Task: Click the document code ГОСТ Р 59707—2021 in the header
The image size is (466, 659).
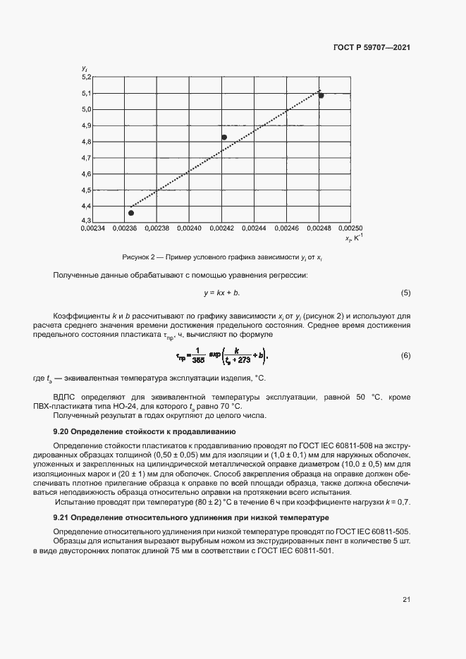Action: pos(371,48)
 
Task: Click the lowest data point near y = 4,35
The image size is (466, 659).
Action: pos(130,212)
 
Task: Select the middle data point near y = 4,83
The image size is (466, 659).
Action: pos(224,137)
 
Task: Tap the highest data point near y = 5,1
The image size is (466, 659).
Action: pos(321,94)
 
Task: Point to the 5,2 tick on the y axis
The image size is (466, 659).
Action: pos(86,77)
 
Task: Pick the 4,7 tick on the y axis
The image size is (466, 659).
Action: pos(86,158)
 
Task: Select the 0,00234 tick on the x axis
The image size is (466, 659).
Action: pos(92,229)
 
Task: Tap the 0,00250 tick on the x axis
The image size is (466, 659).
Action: pos(350,229)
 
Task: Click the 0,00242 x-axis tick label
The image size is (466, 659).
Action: pos(222,229)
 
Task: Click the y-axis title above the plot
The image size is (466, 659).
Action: pos(84,68)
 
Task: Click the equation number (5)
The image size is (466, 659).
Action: pos(405,292)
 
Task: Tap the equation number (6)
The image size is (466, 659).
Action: pos(405,355)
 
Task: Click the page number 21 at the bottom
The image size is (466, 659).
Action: pos(406,600)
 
